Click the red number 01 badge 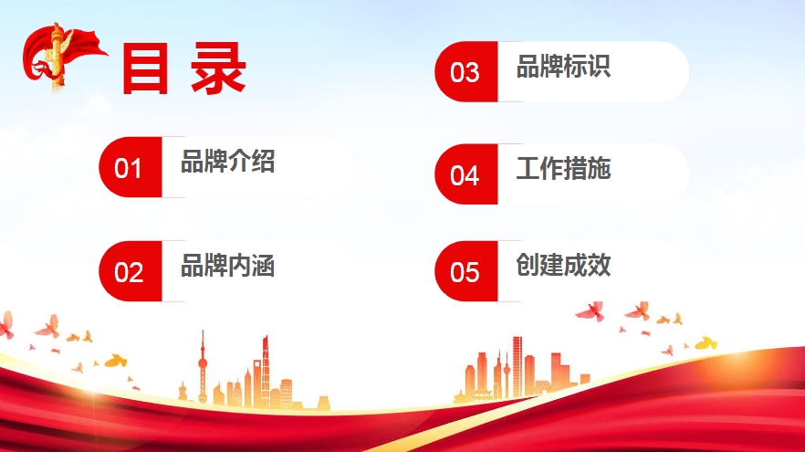click(131, 167)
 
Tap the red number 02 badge click(131, 270)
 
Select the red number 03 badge click(466, 71)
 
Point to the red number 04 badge click(466, 174)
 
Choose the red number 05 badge click(466, 270)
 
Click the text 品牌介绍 click(228, 162)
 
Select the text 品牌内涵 click(228, 266)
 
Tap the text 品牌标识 click(564, 67)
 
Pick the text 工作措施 click(564, 168)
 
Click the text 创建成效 click(564, 265)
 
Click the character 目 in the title click(145, 68)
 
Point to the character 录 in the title click(218, 68)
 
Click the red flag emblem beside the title click(63, 57)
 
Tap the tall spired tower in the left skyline click(203, 367)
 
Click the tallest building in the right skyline click(517, 367)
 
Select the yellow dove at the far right click(706, 343)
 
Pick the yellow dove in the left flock click(116, 361)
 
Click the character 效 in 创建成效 click(599, 265)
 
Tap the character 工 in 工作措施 click(528, 168)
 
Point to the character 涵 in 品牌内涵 click(264, 266)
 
